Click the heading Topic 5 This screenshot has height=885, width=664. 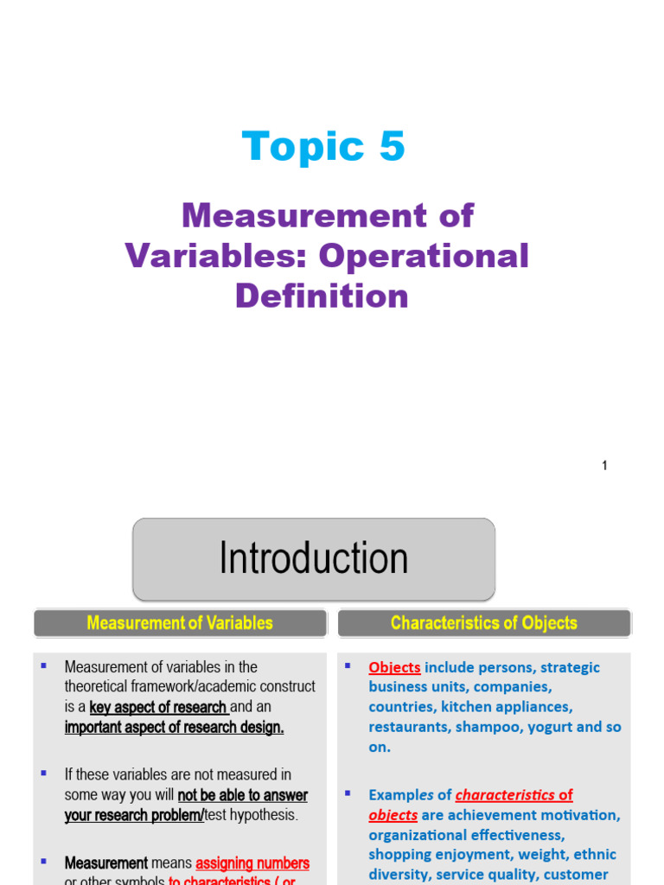[x=323, y=146]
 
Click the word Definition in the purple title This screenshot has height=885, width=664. [x=322, y=296]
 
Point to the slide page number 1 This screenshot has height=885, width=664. [x=604, y=466]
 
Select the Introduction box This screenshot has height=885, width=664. [x=313, y=558]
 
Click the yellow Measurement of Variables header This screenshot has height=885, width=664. [x=180, y=623]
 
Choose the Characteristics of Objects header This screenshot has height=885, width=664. [x=483, y=623]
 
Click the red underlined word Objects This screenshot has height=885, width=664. [x=394, y=667]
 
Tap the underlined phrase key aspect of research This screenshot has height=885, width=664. [x=158, y=707]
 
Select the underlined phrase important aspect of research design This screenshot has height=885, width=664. [x=174, y=728]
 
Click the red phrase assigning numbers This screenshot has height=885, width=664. [x=252, y=863]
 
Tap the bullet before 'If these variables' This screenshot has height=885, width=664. [x=42, y=773]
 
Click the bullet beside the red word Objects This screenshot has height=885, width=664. [x=348, y=665]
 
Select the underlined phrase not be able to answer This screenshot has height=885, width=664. [x=243, y=795]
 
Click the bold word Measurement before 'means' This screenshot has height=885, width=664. [x=105, y=863]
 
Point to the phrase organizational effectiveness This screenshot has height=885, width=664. [x=467, y=835]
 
